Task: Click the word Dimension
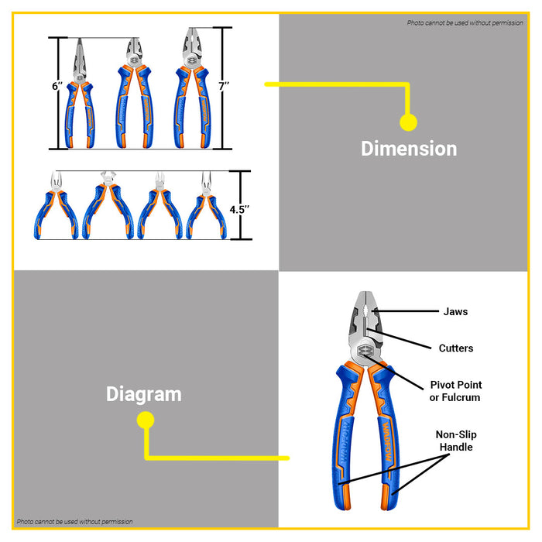(x=409, y=148)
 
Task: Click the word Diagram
(x=144, y=393)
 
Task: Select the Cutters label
(x=455, y=348)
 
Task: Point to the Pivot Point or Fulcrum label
(x=455, y=391)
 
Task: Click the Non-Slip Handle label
(x=456, y=441)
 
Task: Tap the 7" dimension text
(x=224, y=87)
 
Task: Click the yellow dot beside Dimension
(x=408, y=122)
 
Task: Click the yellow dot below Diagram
(x=146, y=420)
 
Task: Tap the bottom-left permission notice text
(x=74, y=522)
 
